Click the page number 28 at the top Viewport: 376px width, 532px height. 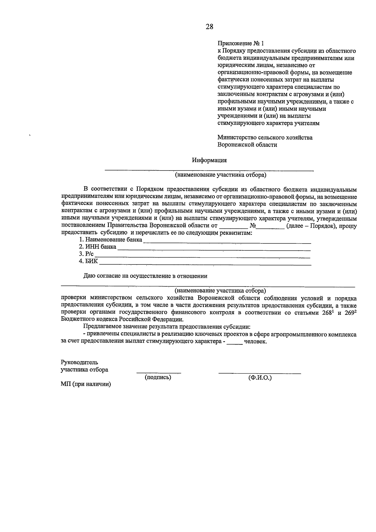[209, 27]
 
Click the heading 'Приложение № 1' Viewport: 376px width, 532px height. [241, 43]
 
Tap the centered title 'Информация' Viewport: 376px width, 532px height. [209, 160]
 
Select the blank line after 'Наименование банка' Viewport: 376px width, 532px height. [227, 241]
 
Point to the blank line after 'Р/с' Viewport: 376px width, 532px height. [202, 255]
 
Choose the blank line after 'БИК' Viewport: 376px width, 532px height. [205, 263]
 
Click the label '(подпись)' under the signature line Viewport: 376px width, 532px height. [158, 377]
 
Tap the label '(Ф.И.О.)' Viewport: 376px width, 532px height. [260, 378]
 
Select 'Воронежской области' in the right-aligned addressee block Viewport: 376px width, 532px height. [247, 145]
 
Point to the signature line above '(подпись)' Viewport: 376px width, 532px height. [159, 372]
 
